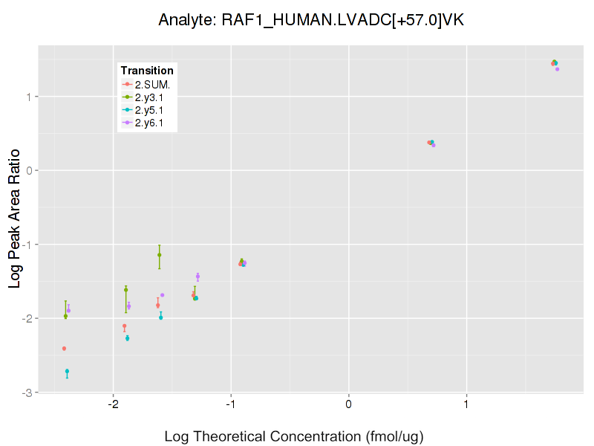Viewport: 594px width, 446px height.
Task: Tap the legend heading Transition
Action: pos(147,71)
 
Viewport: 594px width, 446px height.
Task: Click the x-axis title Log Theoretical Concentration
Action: pos(294,436)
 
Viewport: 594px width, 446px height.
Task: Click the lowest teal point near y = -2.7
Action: pos(67,371)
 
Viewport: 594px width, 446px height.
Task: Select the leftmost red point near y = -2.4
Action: pos(64,348)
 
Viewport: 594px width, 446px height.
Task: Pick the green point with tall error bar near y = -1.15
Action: pos(160,255)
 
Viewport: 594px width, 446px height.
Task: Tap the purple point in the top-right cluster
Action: pos(557,69)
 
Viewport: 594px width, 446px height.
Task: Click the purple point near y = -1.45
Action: pos(198,277)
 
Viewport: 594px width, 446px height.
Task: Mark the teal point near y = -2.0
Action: pos(160,317)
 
